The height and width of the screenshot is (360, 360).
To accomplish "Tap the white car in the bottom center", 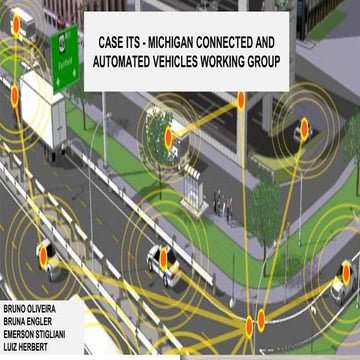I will coord(165,262).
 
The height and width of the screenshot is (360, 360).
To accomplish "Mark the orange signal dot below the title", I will coord(240,99).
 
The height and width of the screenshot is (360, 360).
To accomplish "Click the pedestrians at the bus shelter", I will coord(222,204).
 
